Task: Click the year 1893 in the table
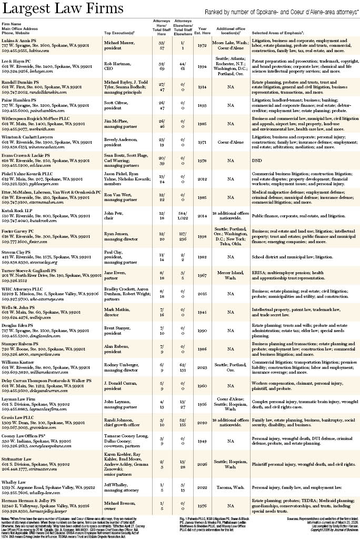click(203, 105)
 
